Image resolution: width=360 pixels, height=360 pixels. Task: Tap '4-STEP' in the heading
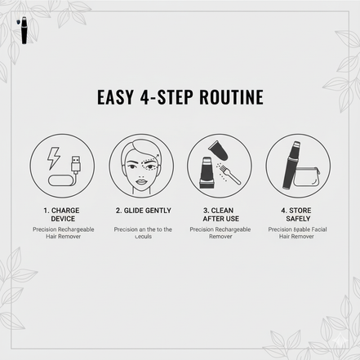166,98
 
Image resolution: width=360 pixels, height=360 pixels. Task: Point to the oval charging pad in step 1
61,180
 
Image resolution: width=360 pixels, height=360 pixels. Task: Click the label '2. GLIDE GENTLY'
143,210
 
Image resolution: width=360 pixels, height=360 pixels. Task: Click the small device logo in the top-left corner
18,14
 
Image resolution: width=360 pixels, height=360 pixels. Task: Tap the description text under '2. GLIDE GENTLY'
143,233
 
